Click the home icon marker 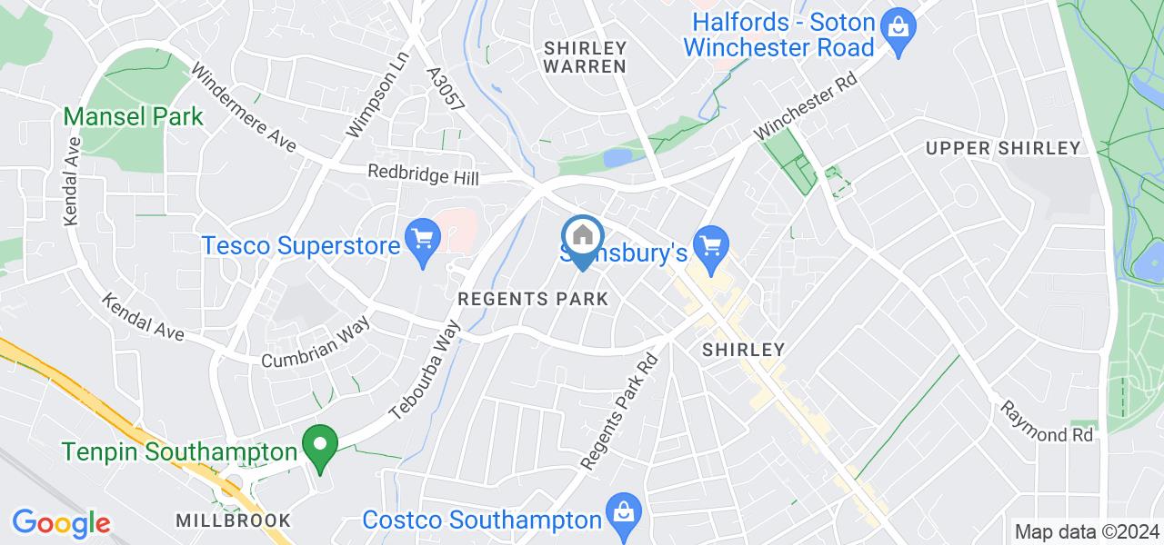tap(582, 237)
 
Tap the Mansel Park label tap(133, 117)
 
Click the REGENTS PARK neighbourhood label tap(532, 299)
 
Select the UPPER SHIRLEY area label tap(1002, 148)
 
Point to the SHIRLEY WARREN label tap(585, 56)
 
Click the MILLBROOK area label tap(235, 520)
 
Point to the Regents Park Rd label tap(621, 411)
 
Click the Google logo tap(61, 522)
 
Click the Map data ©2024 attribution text tap(1087, 531)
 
